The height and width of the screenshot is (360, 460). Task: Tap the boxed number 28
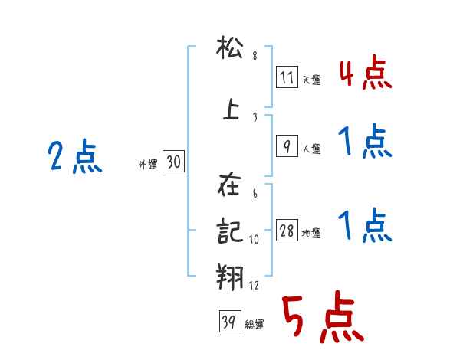pyautogui.click(x=287, y=231)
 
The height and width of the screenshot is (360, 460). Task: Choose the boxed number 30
pyautogui.click(x=173, y=162)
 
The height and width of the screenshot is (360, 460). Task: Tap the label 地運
pyautogui.click(x=311, y=234)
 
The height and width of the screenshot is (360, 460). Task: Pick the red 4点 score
pyautogui.click(x=365, y=74)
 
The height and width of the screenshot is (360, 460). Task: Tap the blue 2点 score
pyautogui.click(x=74, y=158)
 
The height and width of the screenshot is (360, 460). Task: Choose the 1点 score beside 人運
pyautogui.click(x=365, y=142)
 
